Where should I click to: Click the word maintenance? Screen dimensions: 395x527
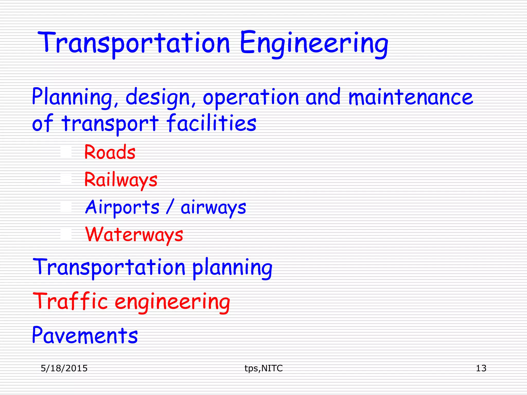(x=411, y=97)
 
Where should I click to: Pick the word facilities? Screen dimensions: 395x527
(x=211, y=123)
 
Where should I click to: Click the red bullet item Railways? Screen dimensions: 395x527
(x=121, y=180)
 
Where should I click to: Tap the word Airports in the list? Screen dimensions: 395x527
(x=122, y=207)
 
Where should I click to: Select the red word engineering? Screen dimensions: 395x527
(x=172, y=302)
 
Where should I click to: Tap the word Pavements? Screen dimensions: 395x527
(x=85, y=335)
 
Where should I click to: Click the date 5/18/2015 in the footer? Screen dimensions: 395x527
(x=64, y=368)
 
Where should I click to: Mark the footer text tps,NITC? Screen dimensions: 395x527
(x=263, y=368)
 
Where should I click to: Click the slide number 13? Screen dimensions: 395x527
(x=481, y=368)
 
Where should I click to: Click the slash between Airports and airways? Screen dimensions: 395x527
(x=170, y=206)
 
